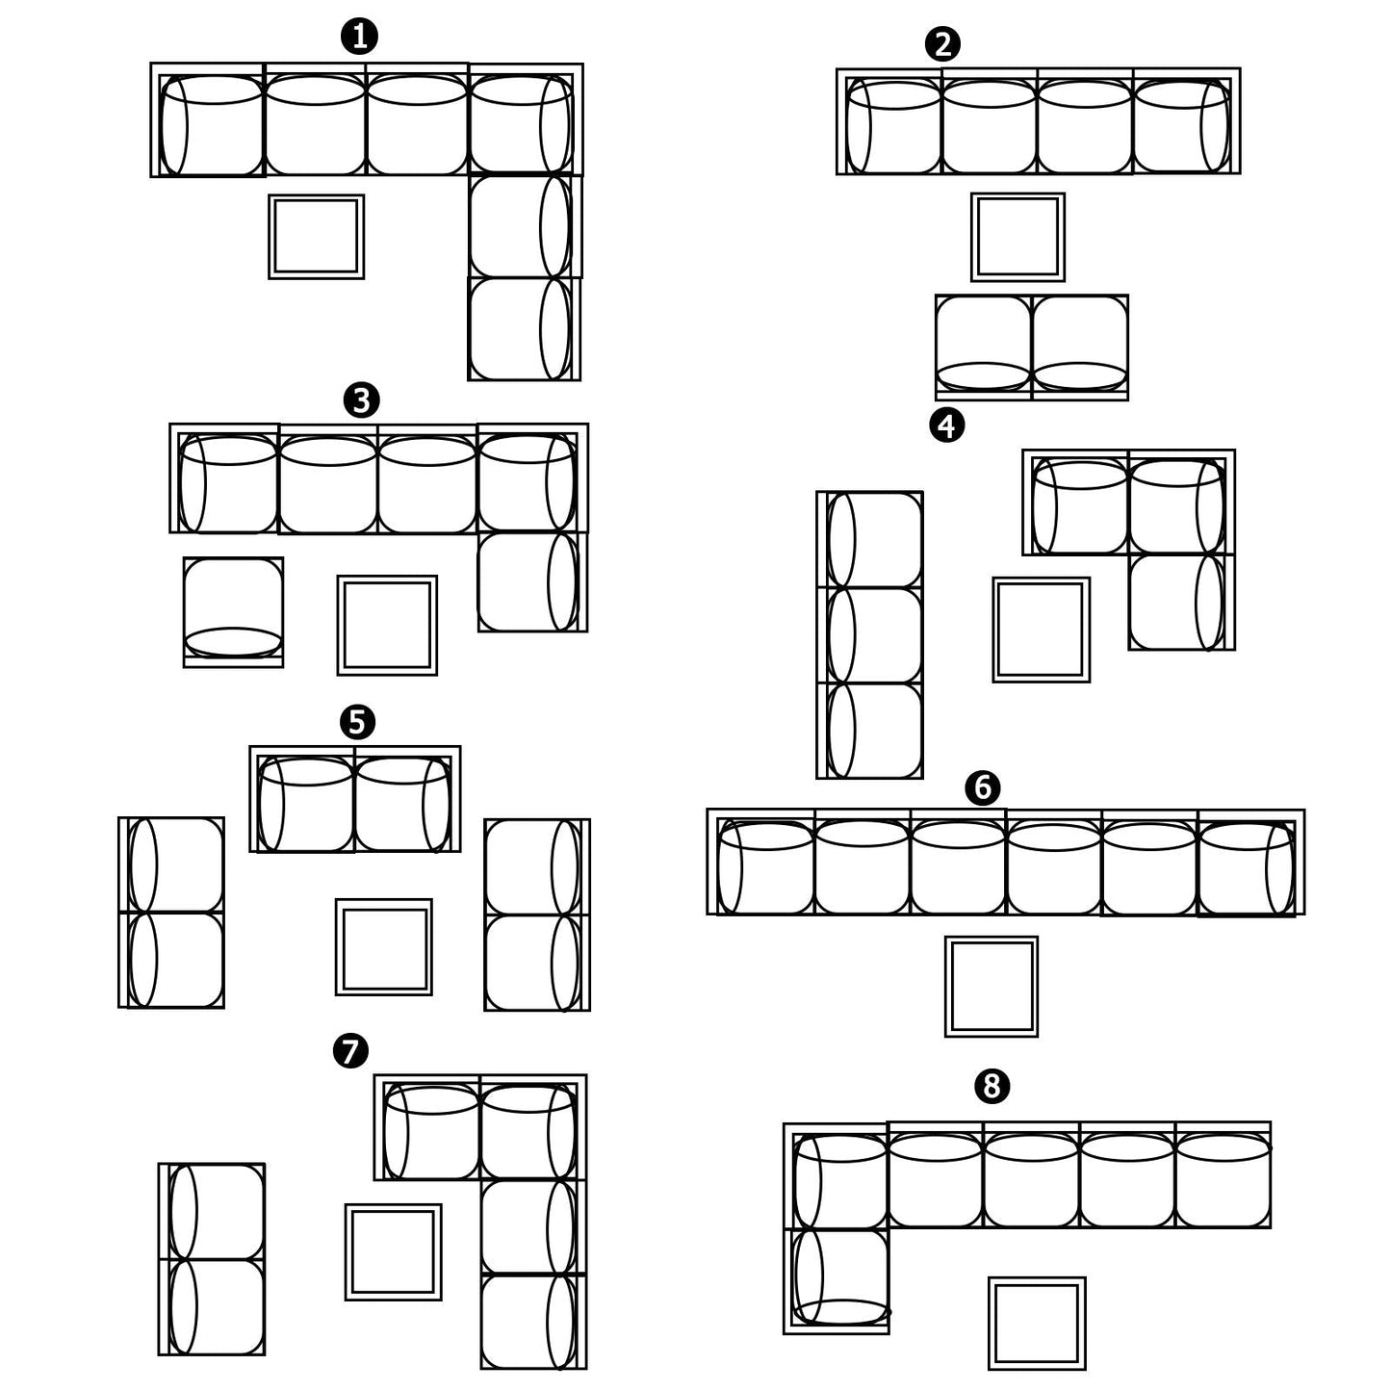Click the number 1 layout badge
tap(359, 37)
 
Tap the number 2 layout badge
tap(942, 44)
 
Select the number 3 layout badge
tap(362, 399)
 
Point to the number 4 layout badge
tap(946, 425)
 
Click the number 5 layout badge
tap(357, 721)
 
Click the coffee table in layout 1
tap(316, 237)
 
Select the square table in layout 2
tap(1017, 237)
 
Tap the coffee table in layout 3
tap(387, 625)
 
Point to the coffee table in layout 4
tap(1041, 630)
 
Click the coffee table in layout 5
tap(383, 946)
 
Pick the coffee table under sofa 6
tap(992, 986)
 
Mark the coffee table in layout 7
tap(393, 1251)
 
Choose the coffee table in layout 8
tap(1037, 1323)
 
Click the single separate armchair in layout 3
tap(233, 612)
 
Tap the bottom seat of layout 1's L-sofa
tap(524, 329)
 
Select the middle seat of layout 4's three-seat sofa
tap(870, 635)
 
